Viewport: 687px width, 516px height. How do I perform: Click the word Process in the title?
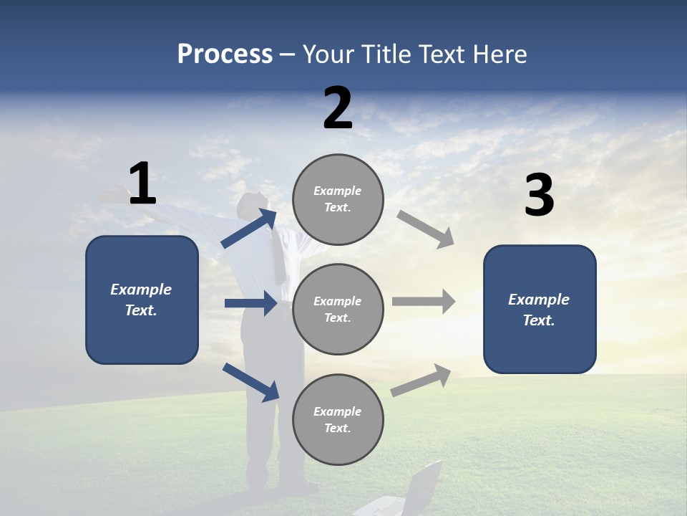point(225,54)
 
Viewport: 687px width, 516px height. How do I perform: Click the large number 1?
point(142,184)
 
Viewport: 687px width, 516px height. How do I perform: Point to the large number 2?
point(338,108)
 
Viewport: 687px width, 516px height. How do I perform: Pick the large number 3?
point(539,196)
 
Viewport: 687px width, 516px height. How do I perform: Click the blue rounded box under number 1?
point(142,300)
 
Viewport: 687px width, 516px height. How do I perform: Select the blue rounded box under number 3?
point(540,309)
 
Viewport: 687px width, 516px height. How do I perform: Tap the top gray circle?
point(338,199)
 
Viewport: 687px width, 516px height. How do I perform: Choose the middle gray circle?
point(338,309)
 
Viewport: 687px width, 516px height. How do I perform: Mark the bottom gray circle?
point(338,419)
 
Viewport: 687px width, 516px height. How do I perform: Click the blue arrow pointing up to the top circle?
point(249,229)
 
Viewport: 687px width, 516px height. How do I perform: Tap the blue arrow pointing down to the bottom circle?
point(250,382)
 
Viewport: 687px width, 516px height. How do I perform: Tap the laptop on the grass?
point(419,491)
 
